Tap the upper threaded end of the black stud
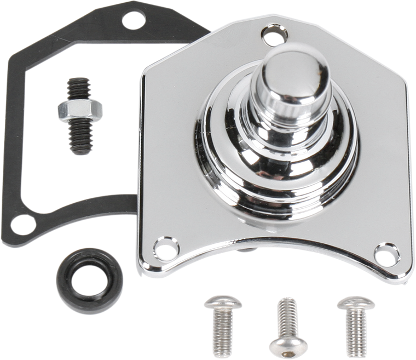(x=75, y=89)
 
